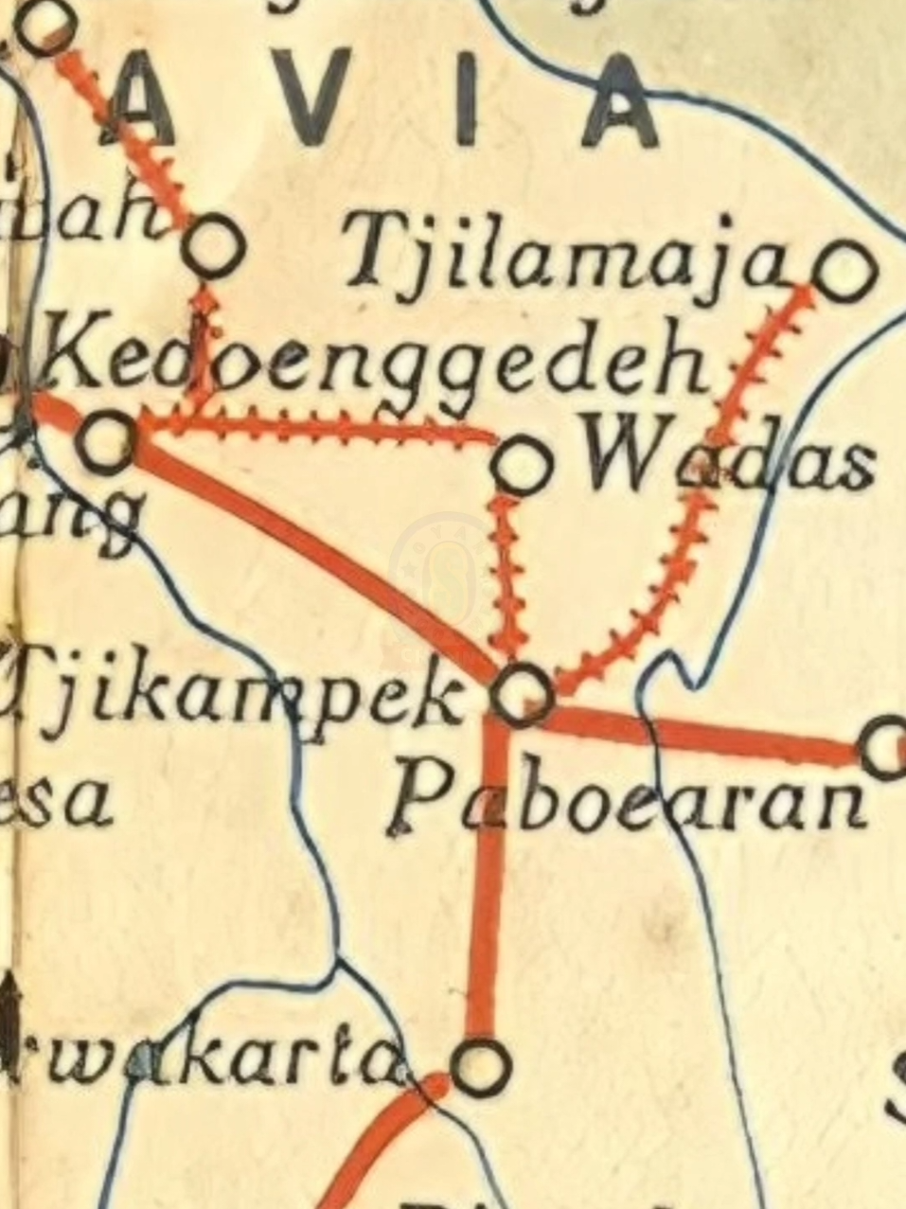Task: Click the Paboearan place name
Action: pos(630,800)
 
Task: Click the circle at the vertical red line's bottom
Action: pos(481,1066)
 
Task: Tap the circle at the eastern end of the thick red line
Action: pos(887,748)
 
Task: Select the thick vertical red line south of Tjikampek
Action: pos(487,880)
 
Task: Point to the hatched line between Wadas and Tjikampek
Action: pos(509,578)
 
